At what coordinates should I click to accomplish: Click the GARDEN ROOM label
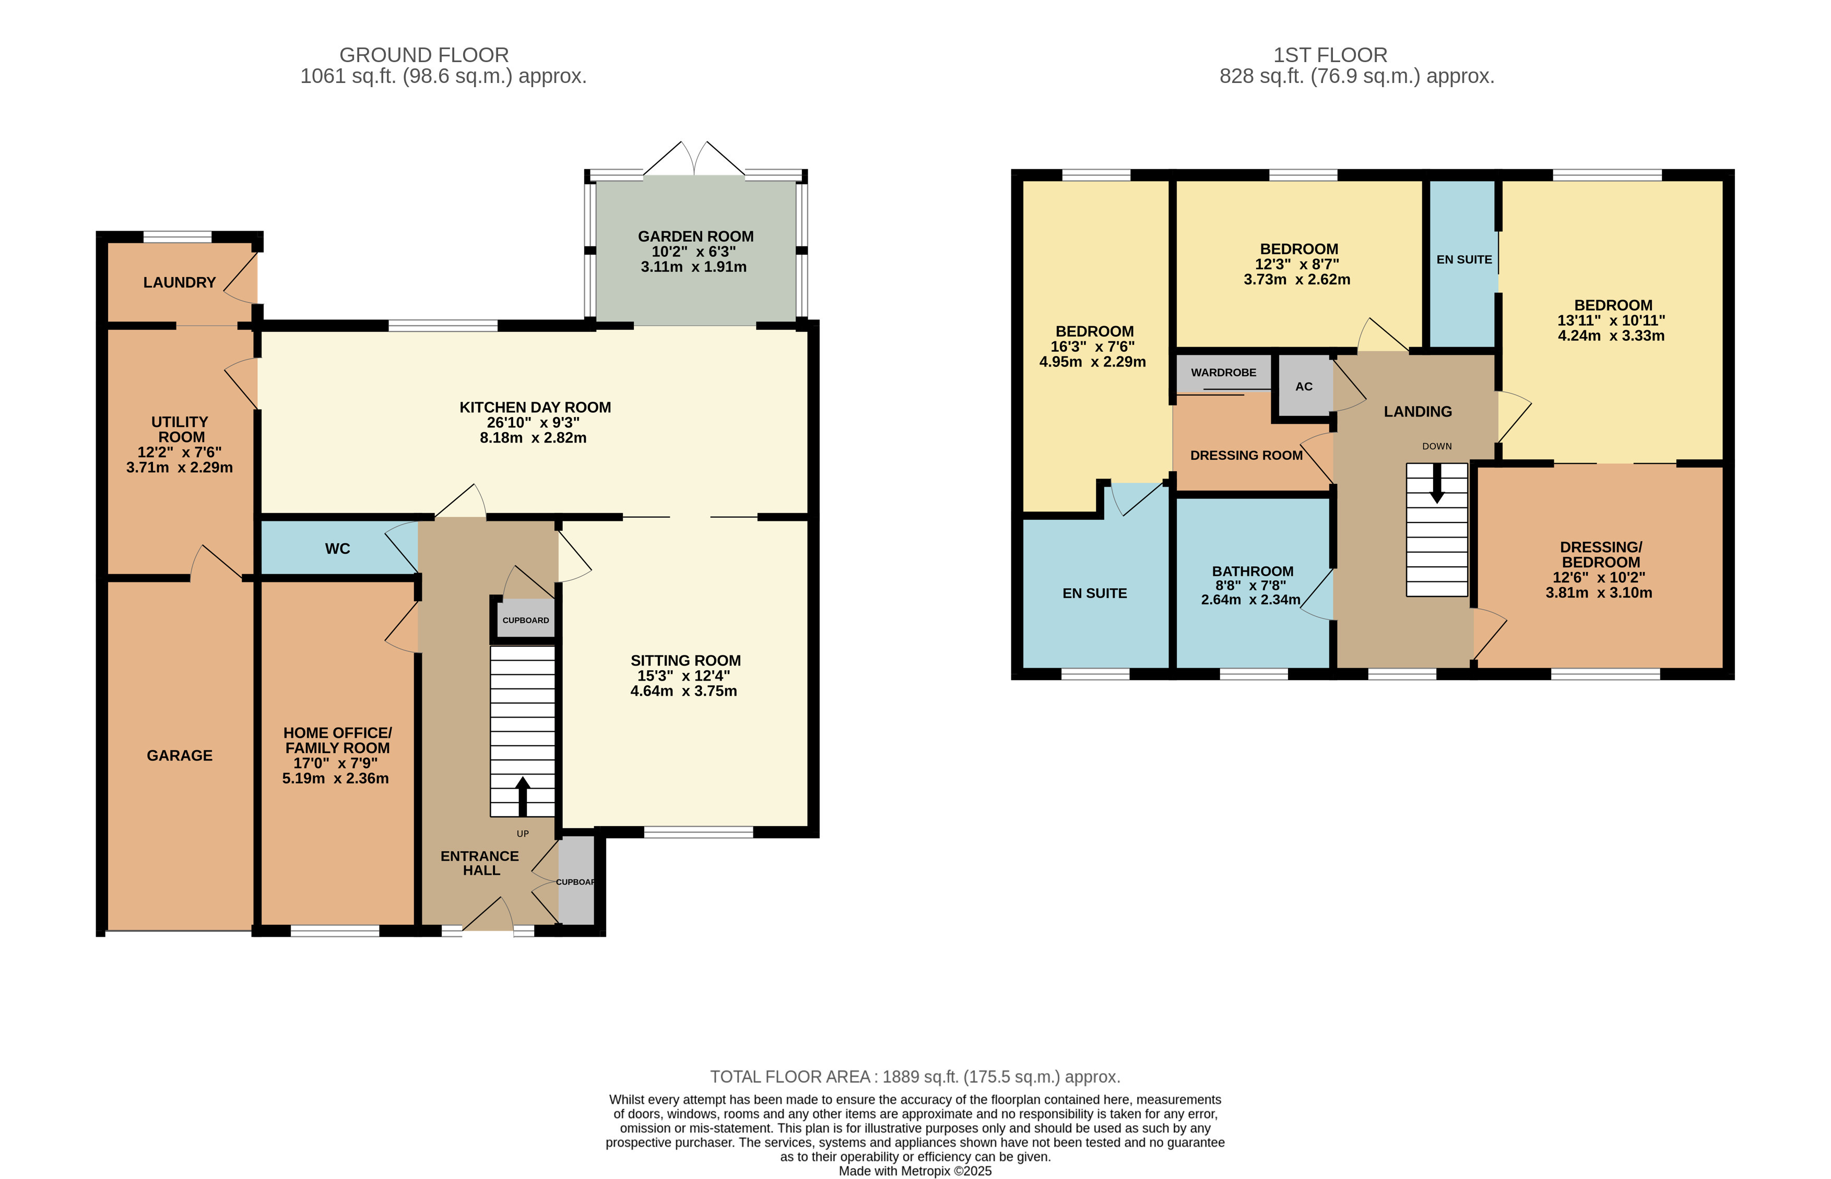point(695,236)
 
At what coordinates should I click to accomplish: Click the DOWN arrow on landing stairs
point(1437,483)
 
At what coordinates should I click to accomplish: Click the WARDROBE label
point(1223,373)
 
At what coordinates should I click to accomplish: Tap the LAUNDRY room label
point(179,282)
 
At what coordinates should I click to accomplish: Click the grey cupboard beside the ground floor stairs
point(525,620)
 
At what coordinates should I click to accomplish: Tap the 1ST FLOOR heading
point(1329,55)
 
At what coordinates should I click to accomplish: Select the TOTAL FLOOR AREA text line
point(914,1076)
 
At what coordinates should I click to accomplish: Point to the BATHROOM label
point(1252,571)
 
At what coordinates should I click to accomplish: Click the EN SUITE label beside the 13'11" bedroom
point(1463,259)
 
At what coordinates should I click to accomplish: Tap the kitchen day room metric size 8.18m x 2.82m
point(533,438)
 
